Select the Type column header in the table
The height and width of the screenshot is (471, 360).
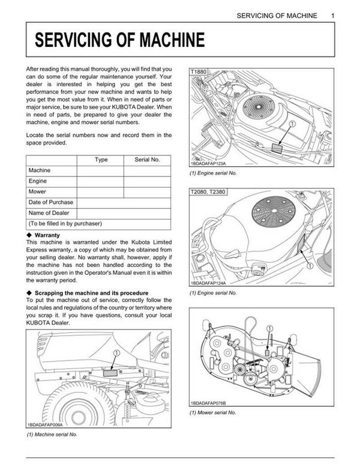[x=101, y=160]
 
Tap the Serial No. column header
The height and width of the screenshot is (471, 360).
[x=146, y=160]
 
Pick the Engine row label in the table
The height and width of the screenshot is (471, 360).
[x=38, y=181]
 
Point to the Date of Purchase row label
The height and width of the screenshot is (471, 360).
[x=51, y=202]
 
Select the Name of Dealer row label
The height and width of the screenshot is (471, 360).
[x=49, y=213]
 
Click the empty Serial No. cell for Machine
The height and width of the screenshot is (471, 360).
[x=147, y=170]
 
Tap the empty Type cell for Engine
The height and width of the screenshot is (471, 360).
[x=101, y=181]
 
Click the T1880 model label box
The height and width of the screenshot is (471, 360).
[x=199, y=71]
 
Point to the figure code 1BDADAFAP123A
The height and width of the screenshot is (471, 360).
[x=211, y=163]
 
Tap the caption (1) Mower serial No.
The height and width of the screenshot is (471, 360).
[x=213, y=413]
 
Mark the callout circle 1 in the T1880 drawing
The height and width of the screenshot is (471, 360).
[x=293, y=124]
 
